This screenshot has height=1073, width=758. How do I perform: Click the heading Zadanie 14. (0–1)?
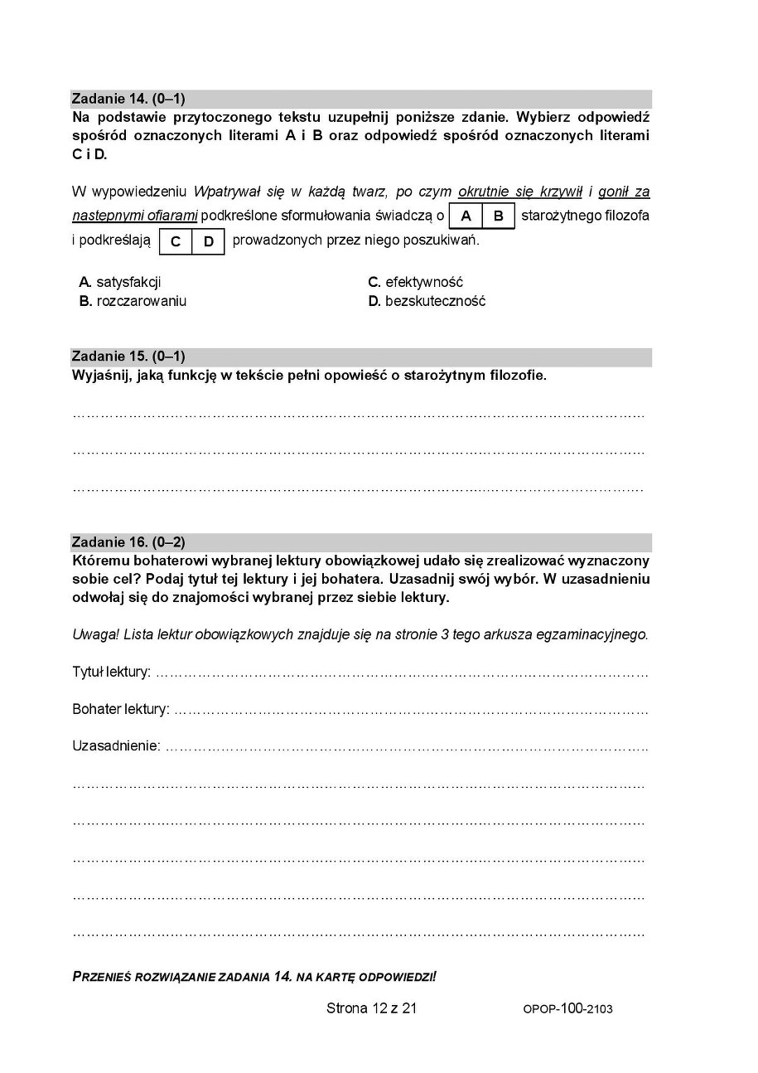[x=128, y=99]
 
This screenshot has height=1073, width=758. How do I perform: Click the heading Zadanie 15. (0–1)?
[x=128, y=357]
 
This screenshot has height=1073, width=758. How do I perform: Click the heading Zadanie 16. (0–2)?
[x=128, y=542]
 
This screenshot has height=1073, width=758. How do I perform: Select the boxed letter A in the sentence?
[x=466, y=216]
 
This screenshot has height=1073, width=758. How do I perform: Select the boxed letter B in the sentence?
[x=498, y=216]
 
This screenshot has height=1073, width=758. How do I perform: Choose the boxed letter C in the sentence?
[x=176, y=241]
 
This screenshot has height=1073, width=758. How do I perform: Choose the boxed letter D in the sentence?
[x=209, y=241]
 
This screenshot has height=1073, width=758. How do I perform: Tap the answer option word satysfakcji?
[x=128, y=282]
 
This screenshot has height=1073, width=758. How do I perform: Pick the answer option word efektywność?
[x=423, y=282]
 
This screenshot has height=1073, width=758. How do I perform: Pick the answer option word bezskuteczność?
[x=435, y=301]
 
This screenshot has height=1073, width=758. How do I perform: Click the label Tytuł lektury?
[x=111, y=672]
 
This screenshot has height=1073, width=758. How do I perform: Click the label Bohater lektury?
[x=120, y=709]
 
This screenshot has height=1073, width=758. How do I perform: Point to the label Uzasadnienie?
[x=116, y=746]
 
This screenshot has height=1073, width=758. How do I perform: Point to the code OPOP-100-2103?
[x=567, y=1009]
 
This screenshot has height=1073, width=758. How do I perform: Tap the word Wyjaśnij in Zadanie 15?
[x=100, y=376]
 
